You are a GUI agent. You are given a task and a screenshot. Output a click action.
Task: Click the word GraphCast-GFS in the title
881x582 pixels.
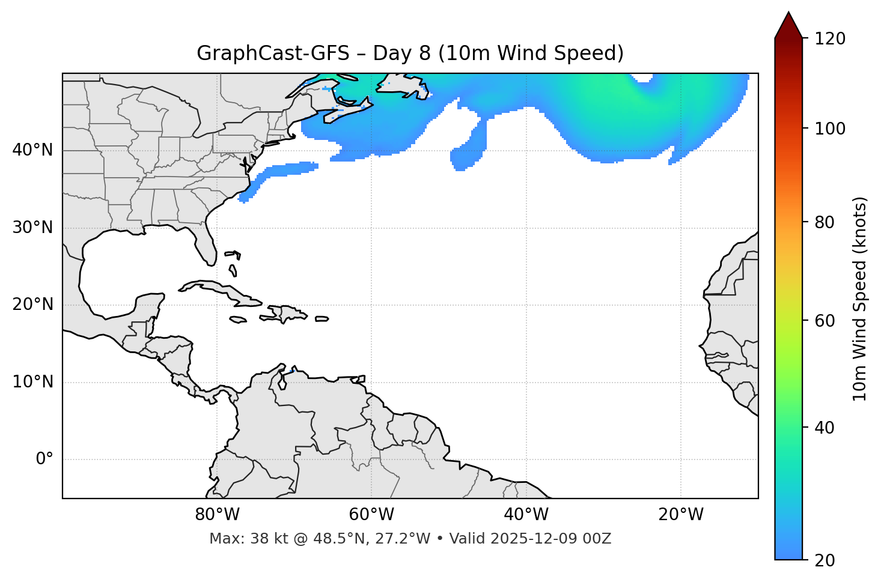click(x=273, y=53)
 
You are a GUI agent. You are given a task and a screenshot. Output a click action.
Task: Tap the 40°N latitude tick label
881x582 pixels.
click(x=32, y=150)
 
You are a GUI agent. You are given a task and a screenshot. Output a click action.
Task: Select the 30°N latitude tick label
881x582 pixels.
click(x=32, y=228)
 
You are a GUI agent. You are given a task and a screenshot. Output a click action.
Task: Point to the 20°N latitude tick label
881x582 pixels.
click(x=32, y=305)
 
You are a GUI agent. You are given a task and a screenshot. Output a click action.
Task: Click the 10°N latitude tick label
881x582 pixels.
click(x=32, y=382)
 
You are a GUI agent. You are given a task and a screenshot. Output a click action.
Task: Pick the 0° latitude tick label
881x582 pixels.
click(x=44, y=459)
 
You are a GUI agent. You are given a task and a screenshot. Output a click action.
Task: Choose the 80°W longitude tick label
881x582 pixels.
click(x=217, y=515)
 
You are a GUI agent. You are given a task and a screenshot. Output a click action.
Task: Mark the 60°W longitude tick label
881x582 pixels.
click(x=371, y=515)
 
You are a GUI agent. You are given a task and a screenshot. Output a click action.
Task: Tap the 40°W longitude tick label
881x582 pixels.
click(x=526, y=515)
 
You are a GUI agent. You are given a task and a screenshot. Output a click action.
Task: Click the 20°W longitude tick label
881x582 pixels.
click(x=680, y=515)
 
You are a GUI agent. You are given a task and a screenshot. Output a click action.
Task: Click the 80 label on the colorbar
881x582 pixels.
click(x=825, y=222)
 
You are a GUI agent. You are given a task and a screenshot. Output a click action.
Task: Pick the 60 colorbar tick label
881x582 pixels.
click(x=825, y=321)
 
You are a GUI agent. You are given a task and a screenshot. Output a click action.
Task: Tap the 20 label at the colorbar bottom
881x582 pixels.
click(x=825, y=560)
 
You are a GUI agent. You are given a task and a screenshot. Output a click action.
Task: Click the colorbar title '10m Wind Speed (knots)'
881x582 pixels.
click(x=860, y=299)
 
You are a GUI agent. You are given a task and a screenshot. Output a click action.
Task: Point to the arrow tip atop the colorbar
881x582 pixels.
click(x=788, y=12)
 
